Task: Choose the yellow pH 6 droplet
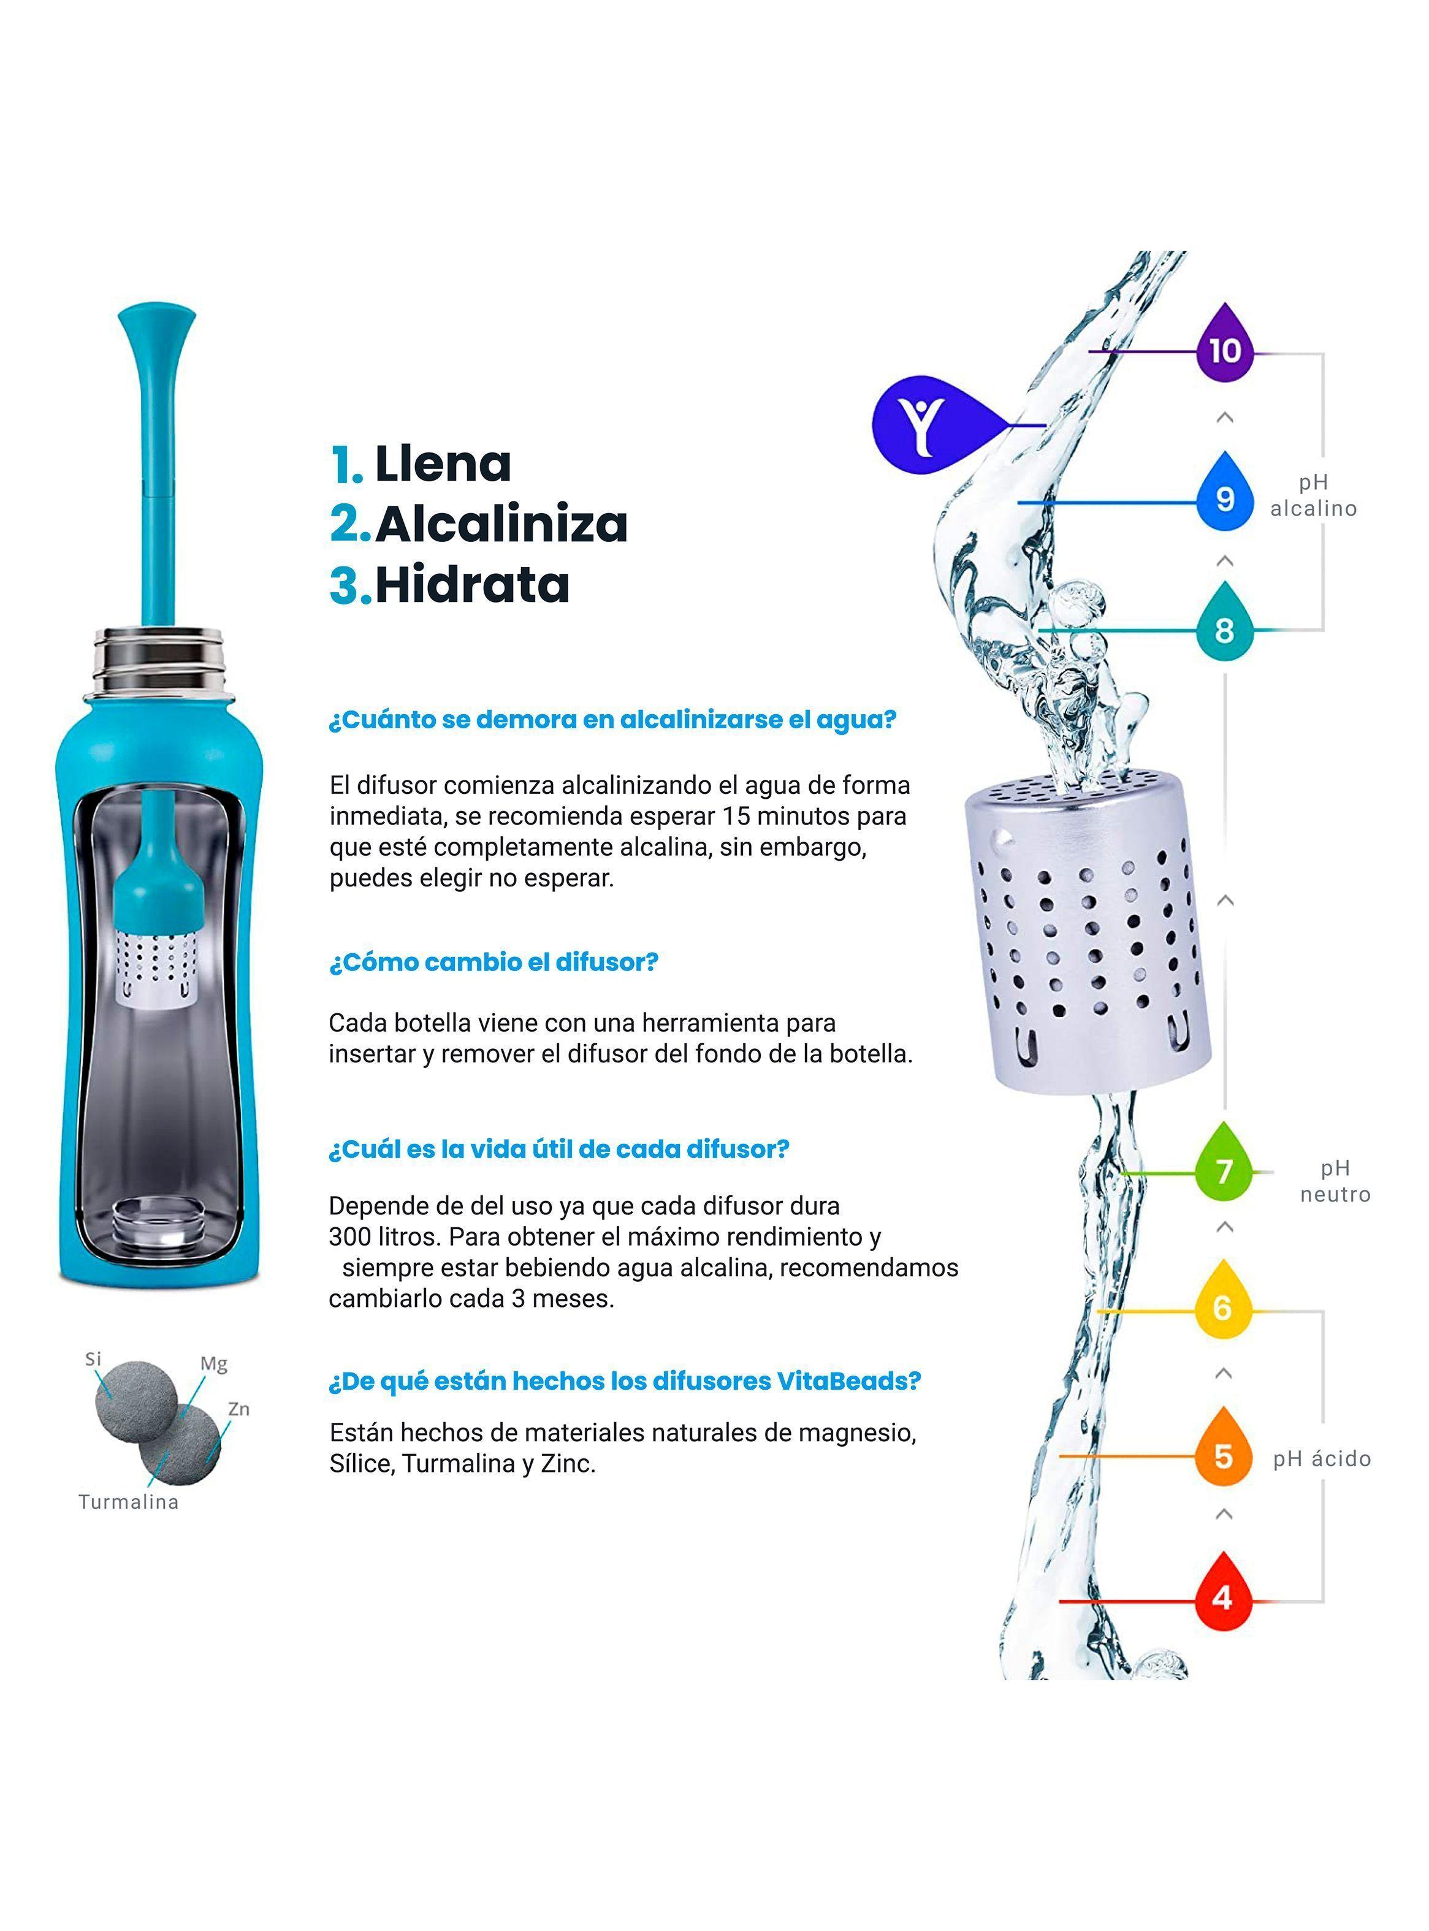(x=1222, y=1304)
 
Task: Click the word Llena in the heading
(x=443, y=465)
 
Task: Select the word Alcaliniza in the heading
(x=501, y=524)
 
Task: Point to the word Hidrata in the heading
(x=472, y=585)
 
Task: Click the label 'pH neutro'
(x=1335, y=1181)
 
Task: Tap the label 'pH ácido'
(x=1322, y=1459)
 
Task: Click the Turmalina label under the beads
(x=129, y=1502)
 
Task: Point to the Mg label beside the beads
(x=214, y=1364)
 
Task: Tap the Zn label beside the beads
(x=238, y=1409)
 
